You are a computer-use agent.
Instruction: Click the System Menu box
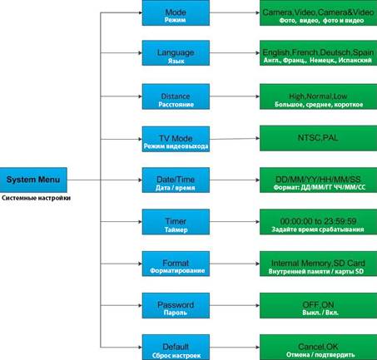(33, 180)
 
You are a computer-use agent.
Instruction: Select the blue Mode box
(176, 12)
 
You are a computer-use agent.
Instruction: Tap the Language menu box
(176, 53)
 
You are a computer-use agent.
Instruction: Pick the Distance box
(176, 96)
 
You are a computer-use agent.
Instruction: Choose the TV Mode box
(176, 139)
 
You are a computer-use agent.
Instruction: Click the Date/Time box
(176, 180)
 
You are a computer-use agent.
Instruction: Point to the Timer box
(176, 222)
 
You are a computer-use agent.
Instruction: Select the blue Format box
(176, 264)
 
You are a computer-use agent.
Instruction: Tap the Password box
(176, 305)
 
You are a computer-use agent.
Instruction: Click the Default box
(176, 348)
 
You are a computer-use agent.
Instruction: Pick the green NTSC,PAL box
(318, 138)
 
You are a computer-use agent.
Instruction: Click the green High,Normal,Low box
(318, 96)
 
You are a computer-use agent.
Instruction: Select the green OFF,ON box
(318, 305)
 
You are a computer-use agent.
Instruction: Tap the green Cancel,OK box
(318, 348)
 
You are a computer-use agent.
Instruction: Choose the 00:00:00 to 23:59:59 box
(318, 222)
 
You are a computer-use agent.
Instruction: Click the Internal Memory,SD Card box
(318, 264)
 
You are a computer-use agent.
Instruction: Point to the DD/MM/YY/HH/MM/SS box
(318, 180)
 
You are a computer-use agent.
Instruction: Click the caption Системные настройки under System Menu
(36, 198)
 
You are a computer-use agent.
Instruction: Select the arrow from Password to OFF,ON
(235, 305)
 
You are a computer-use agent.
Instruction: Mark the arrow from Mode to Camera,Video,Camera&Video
(235, 12)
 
